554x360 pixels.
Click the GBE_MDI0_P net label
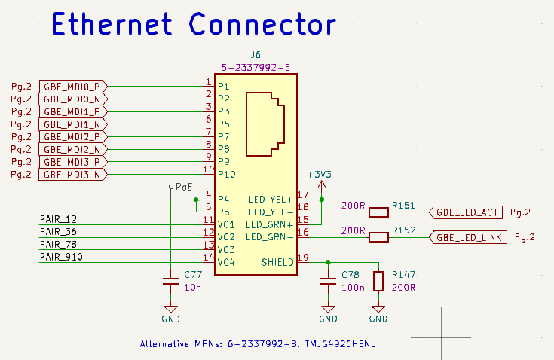click(72, 86)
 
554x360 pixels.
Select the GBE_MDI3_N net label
click(72, 175)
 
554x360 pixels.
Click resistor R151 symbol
click(378, 212)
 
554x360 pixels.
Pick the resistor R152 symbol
click(378, 237)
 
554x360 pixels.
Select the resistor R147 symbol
click(378, 282)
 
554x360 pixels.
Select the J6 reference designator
click(256, 55)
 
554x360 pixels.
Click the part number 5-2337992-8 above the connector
click(256, 67)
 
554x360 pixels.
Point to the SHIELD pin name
click(277, 262)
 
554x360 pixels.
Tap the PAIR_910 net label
click(61, 257)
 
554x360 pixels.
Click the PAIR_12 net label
click(58, 219)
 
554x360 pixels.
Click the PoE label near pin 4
click(184, 186)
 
